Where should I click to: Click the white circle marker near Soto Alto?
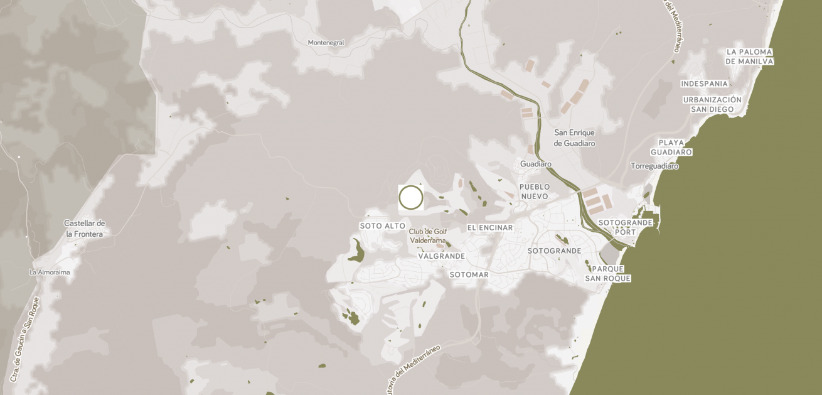411,197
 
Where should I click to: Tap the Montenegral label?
326,43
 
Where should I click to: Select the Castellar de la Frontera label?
84,229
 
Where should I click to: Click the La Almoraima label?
50,273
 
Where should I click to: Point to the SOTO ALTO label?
382,226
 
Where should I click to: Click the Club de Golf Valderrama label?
428,235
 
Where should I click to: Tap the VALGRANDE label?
442,256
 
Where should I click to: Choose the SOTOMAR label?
469,275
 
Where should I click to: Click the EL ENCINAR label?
490,228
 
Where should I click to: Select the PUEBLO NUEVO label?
534,192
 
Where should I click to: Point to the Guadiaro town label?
535,165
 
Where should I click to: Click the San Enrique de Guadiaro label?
574,138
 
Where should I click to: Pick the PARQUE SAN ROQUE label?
607,274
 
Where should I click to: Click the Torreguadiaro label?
654,166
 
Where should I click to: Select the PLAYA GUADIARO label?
671,148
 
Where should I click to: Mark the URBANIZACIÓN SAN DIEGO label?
712,104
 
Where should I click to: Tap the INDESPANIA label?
704,84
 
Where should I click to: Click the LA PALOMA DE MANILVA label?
749,57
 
